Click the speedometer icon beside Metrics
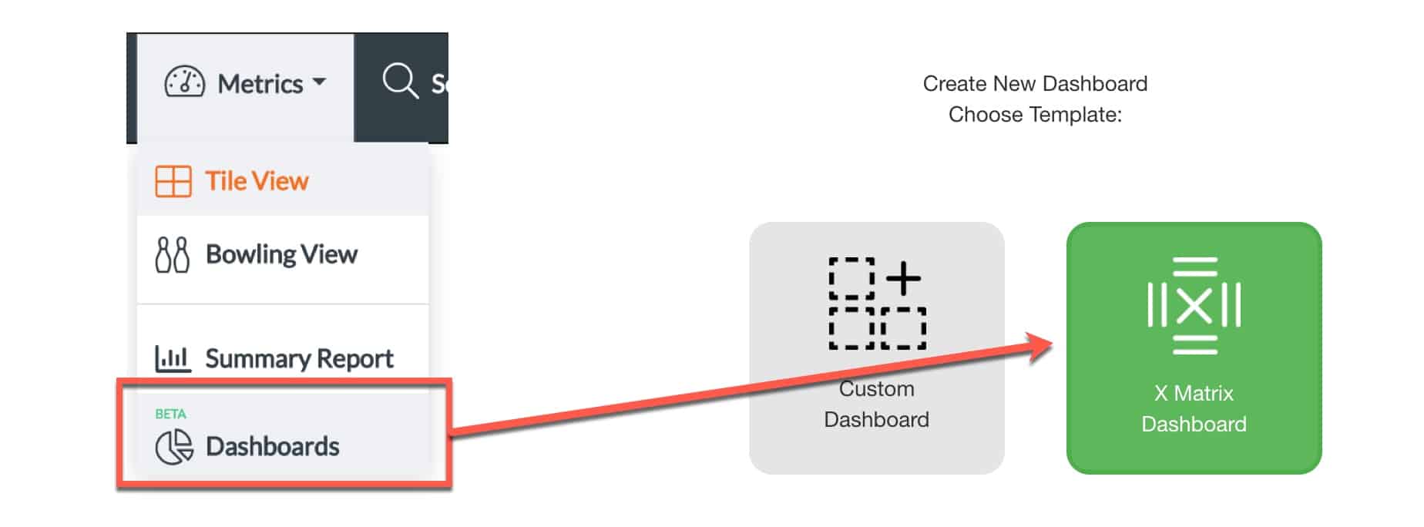tap(185, 82)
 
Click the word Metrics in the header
tap(260, 83)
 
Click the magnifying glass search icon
tap(400, 81)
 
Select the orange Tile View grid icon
tap(173, 182)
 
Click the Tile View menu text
tap(257, 181)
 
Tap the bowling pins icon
tap(172, 255)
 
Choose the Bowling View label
tap(281, 254)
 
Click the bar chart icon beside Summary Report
tap(173, 358)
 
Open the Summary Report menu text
tap(299, 358)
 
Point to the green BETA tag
tap(170, 414)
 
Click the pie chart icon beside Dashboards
tap(174, 447)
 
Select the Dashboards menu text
tap(272, 446)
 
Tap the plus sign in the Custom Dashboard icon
tap(903, 278)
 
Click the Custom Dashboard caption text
tap(876, 404)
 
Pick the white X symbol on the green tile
tap(1194, 306)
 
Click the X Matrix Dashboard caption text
tap(1194, 408)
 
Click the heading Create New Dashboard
tap(1035, 83)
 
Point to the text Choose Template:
tap(1035, 115)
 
